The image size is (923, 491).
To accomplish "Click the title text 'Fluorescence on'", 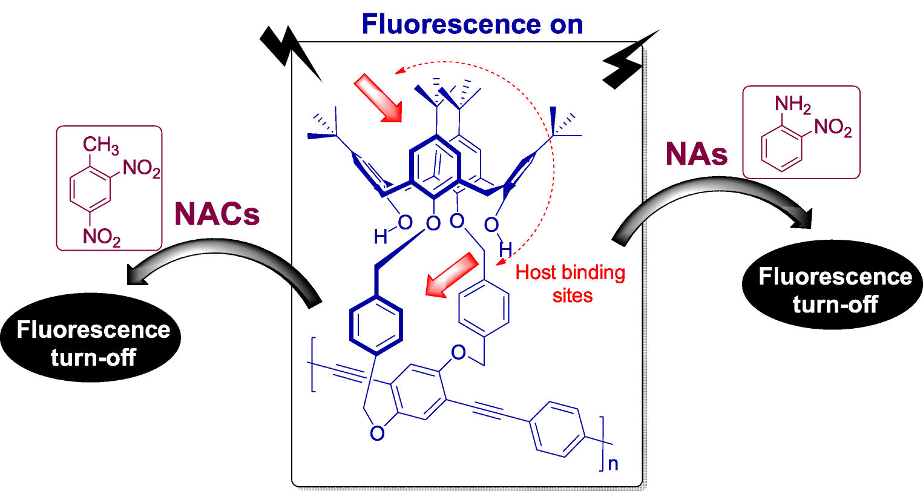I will tap(472, 24).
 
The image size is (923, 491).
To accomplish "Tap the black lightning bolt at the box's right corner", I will tap(629, 61).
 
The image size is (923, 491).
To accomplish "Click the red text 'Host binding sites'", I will tap(570, 283).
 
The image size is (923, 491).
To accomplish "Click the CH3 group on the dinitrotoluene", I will tap(100, 146).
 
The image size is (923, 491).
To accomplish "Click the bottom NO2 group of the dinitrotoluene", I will tap(101, 238).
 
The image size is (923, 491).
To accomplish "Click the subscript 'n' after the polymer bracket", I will tap(612, 464).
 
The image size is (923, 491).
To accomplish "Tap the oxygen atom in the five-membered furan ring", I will tap(377, 433).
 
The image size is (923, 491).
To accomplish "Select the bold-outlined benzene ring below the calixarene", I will tap(375, 327).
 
